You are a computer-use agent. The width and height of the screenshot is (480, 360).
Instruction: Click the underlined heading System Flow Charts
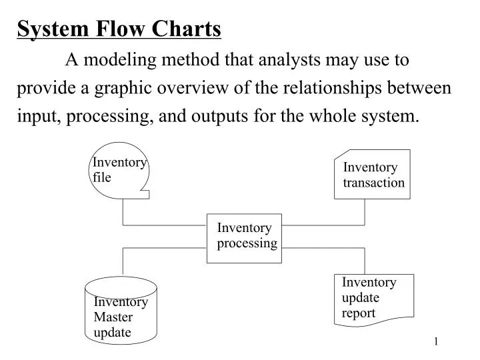pos(119,29)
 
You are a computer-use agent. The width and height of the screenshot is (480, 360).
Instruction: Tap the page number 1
pos(436,342)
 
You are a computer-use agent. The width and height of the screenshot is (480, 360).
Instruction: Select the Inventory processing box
pos(244,237)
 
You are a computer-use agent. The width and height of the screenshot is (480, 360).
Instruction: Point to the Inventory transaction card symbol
pos(372,175)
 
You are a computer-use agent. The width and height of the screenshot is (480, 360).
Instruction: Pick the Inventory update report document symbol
pos(373,299)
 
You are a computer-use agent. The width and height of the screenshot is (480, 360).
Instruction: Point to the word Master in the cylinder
pos(113,317)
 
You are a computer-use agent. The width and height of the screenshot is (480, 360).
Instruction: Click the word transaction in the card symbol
pos(373,183)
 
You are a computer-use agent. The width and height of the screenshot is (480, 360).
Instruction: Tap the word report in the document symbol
pos(359,313)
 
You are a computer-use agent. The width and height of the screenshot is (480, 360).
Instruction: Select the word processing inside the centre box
pos(247,243)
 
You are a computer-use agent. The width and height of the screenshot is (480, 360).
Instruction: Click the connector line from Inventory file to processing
pos(163,225)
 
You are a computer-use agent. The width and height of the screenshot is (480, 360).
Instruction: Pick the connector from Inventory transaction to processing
pos(323,225)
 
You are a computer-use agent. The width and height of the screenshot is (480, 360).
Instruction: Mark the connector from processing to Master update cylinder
pos(163,247)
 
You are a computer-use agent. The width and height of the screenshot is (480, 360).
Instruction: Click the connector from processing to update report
pos(323,247)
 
